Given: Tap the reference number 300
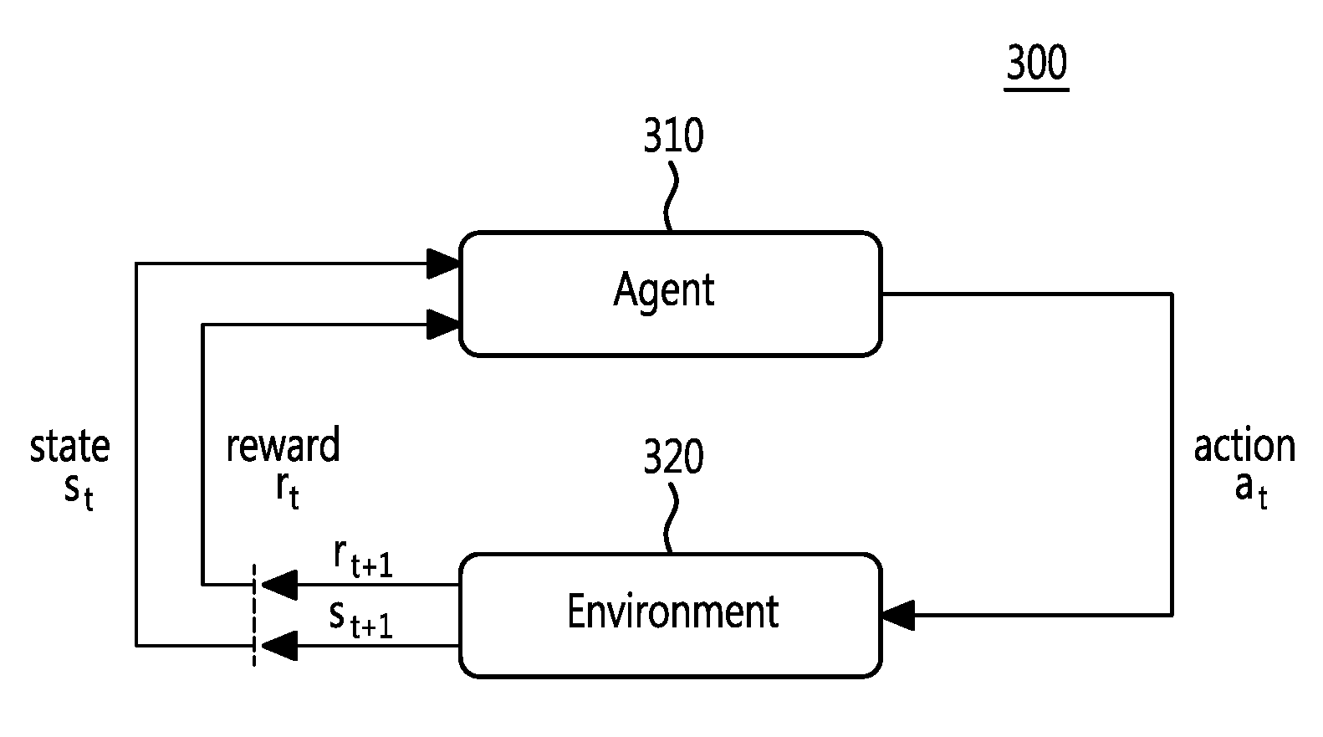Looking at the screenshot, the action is pos(1036,63).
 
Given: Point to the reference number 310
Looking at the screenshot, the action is pos(673,136).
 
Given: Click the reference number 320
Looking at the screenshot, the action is pos(673,456).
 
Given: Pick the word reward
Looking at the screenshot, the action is pos(283,444).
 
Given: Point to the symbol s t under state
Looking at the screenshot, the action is pos(79,493).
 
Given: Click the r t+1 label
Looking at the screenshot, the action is pos(363,559).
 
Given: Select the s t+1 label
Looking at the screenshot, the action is pos(361,622).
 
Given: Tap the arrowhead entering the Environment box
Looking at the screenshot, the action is pos(898,615).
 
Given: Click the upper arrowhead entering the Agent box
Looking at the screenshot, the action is pos(443,264).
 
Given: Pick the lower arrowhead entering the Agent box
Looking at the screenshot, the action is pos(443,325).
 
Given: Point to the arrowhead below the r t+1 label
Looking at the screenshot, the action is pos(279,585).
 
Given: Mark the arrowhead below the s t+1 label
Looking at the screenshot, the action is pos(279,646).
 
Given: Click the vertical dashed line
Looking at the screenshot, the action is pos(254,615).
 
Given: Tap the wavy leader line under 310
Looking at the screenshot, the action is pos(670,196).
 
